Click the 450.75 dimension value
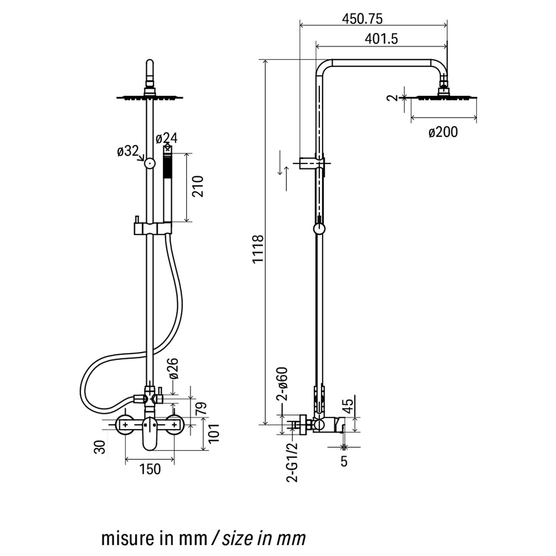tap(362, 19)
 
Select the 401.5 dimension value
tap(381, 39)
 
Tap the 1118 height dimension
tap(258, 249)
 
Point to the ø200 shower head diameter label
tap(443, 132)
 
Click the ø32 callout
tap(128, 151)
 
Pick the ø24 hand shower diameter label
tap(166, 138)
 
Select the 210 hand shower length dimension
tap(198, 186)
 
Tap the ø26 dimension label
tap(173, 368)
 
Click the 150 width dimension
tap(150, 469)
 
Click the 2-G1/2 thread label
tap(292, 462)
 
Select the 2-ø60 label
tap(282, 384)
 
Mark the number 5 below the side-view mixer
tap(344, 461)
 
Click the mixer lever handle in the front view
tap(150, 437)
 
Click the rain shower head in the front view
tap(150, 97)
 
